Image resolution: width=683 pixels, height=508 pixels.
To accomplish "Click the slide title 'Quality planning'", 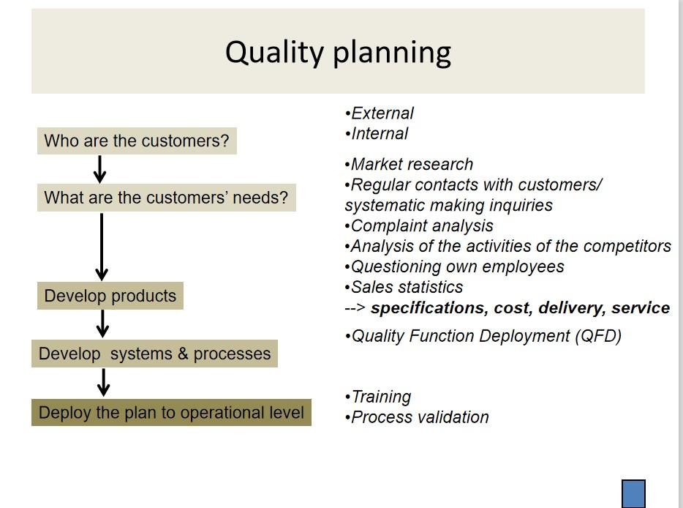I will (338, 52).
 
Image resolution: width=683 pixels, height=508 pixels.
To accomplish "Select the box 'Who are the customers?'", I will (137, 141).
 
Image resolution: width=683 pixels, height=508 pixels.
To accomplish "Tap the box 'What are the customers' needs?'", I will (166, 198).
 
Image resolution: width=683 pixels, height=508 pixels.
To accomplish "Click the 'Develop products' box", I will (110, 296).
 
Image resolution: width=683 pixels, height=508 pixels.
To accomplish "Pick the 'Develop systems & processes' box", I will (154, 354).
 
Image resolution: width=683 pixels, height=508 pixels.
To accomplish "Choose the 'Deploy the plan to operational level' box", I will (171, 413).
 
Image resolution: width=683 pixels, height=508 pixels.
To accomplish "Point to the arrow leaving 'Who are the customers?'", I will (100, 169).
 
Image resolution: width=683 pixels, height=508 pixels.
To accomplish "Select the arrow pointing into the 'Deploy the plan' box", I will (103, 382).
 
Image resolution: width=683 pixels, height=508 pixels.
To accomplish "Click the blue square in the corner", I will (633, 493).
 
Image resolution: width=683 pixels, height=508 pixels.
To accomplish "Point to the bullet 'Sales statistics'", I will (406, 288).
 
